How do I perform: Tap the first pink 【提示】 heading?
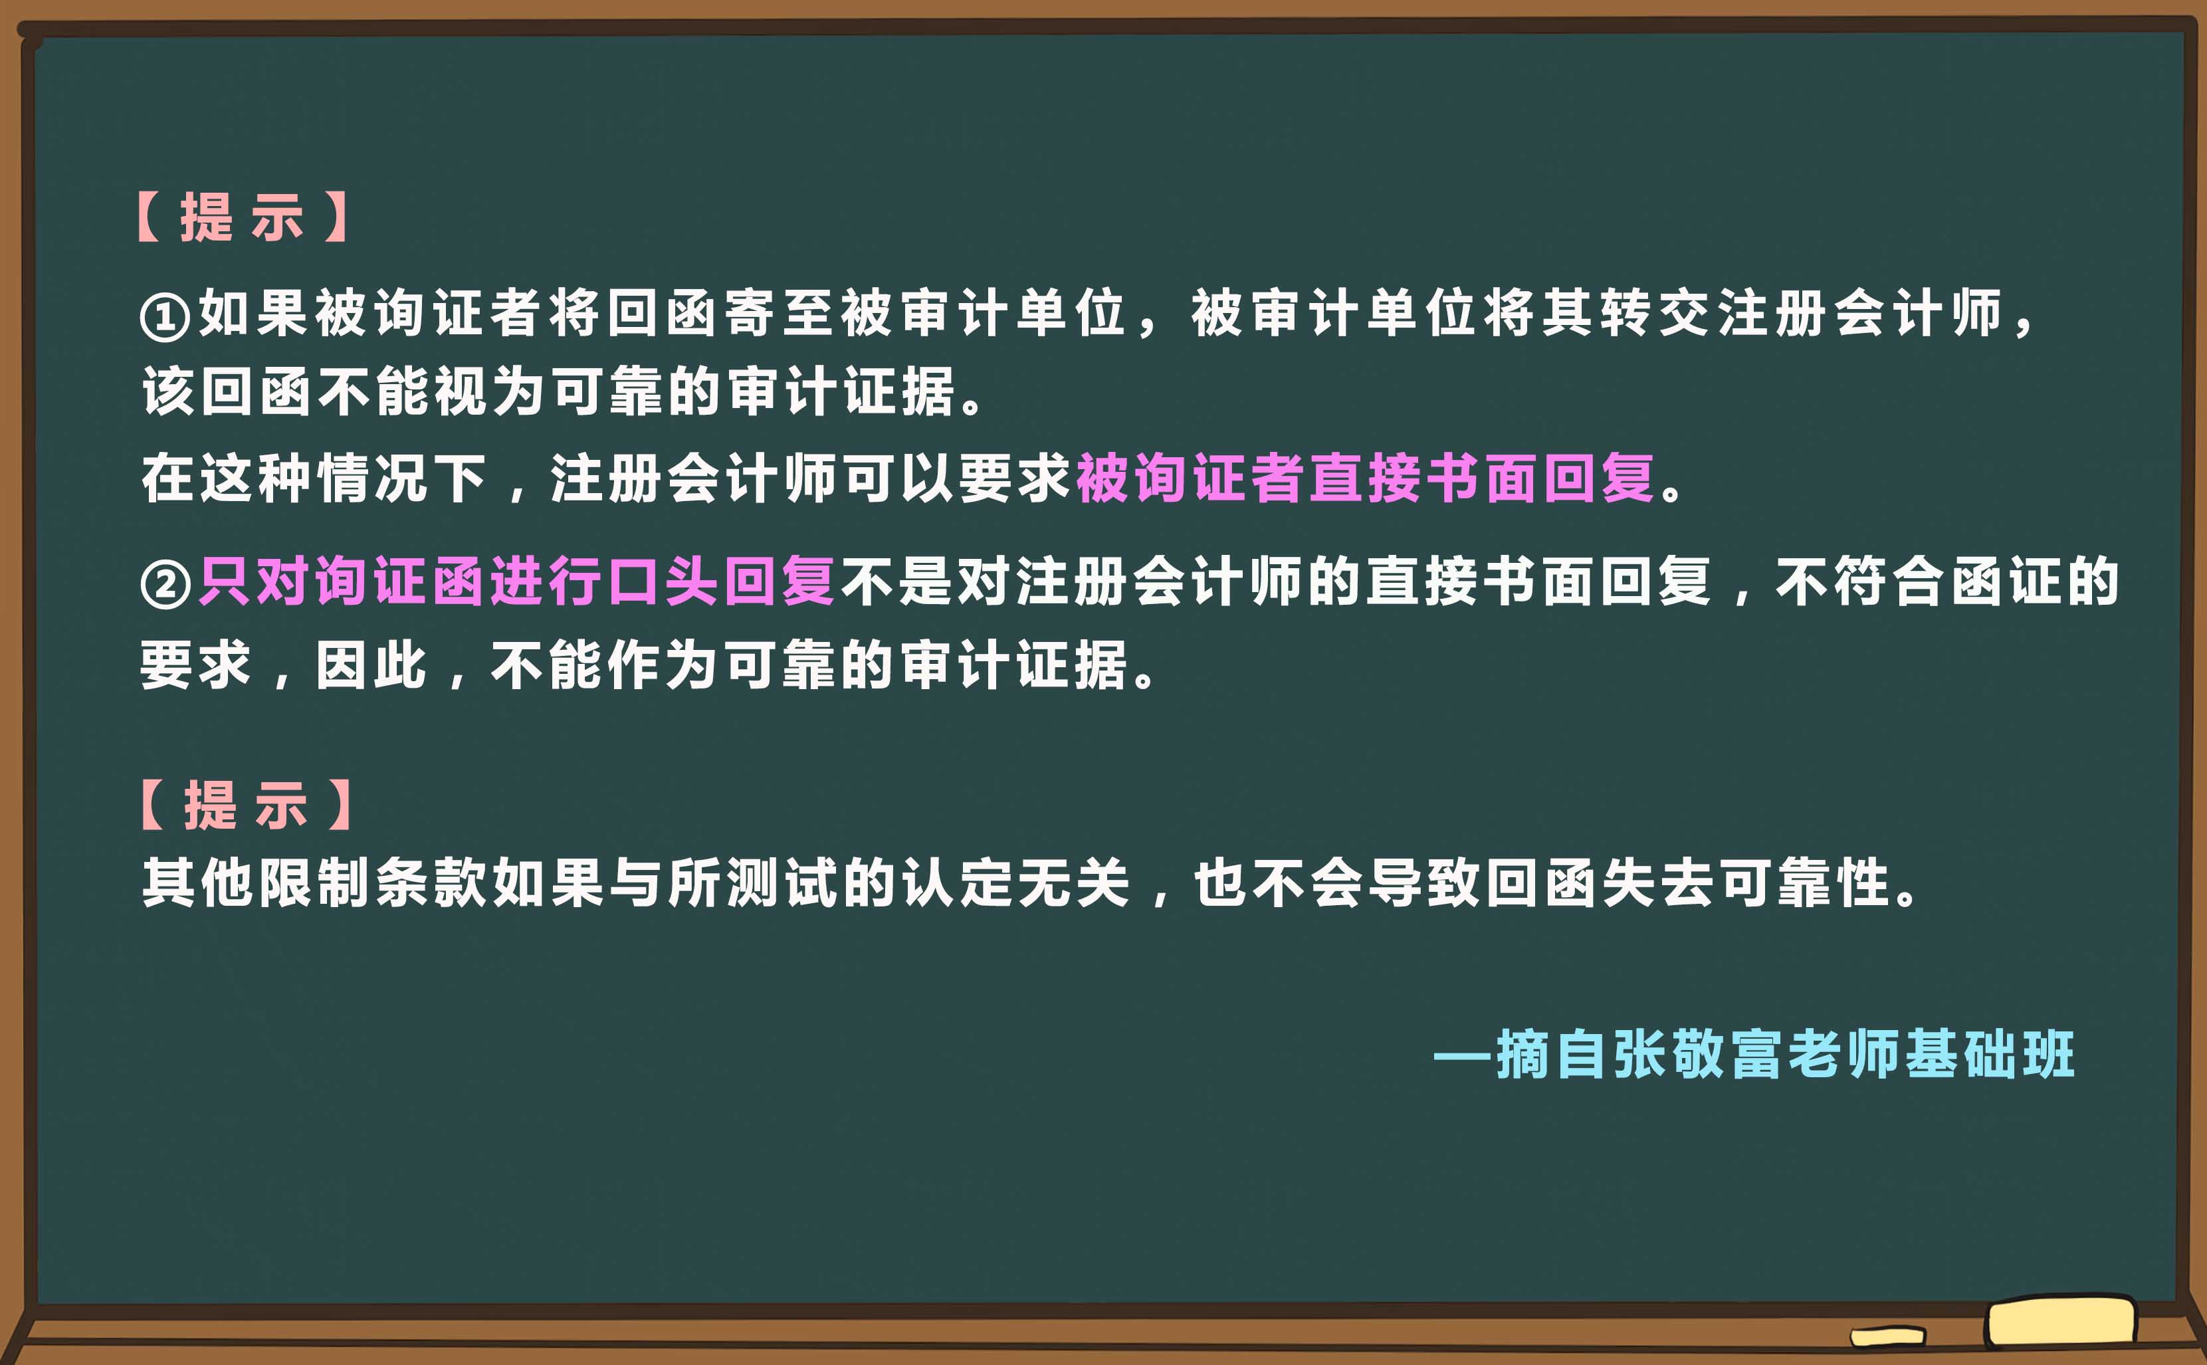[x=242, y=217]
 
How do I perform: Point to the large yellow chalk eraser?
[x=2061, y=1322]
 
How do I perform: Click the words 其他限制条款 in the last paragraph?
[x=314, y=882]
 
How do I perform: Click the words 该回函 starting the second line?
[x=227, y=393]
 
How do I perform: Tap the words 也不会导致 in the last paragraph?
[x=1337, y=882]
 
